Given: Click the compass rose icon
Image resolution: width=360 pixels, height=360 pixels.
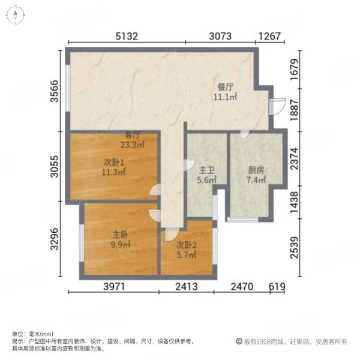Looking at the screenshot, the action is [x=16, y=15].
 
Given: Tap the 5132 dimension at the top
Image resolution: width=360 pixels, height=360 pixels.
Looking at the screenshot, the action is [x=127, y=36].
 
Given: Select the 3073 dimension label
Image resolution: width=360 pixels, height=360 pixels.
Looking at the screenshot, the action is [x=220, y=36].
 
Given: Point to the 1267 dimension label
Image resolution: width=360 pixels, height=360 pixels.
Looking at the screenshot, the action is [x=270, y=36].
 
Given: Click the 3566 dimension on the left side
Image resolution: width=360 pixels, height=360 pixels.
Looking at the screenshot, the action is [x=55, y=91].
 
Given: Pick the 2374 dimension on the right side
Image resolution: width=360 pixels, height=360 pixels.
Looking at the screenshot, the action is [x=295, y=158].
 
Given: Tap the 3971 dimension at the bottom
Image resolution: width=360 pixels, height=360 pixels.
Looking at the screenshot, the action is [x=114, y=287].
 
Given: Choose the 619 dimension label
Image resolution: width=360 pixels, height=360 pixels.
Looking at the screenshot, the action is [x=277, y=287].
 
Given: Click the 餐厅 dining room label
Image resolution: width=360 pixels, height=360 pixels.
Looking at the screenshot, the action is [x=225, y=87].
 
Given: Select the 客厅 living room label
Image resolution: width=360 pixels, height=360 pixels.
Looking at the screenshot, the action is [x=133, y=135].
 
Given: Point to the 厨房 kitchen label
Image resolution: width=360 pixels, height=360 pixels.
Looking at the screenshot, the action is [x=256, y=170].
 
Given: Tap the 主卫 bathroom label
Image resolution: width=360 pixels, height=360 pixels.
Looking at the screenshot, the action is [x=206, y=170].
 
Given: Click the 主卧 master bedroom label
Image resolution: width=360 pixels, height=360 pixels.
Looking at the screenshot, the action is [x=121, y=235].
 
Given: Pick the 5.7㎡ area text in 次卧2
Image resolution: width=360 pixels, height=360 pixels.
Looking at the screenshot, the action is [x=187, y=254].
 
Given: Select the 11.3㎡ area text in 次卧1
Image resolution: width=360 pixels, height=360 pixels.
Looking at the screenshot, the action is [x=113, y=172].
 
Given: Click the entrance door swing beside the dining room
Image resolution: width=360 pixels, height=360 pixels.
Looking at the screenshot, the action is [x=278, y=107].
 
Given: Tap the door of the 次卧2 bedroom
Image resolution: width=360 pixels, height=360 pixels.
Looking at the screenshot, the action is [x=172, y=235].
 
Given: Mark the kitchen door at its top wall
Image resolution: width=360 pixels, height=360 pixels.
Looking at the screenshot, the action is [x=245, y=134].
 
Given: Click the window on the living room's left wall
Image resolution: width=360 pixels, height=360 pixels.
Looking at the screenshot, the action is [x=67, y=88].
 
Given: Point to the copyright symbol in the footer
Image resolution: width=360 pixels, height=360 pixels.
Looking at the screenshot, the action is [x=239, y=341].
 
